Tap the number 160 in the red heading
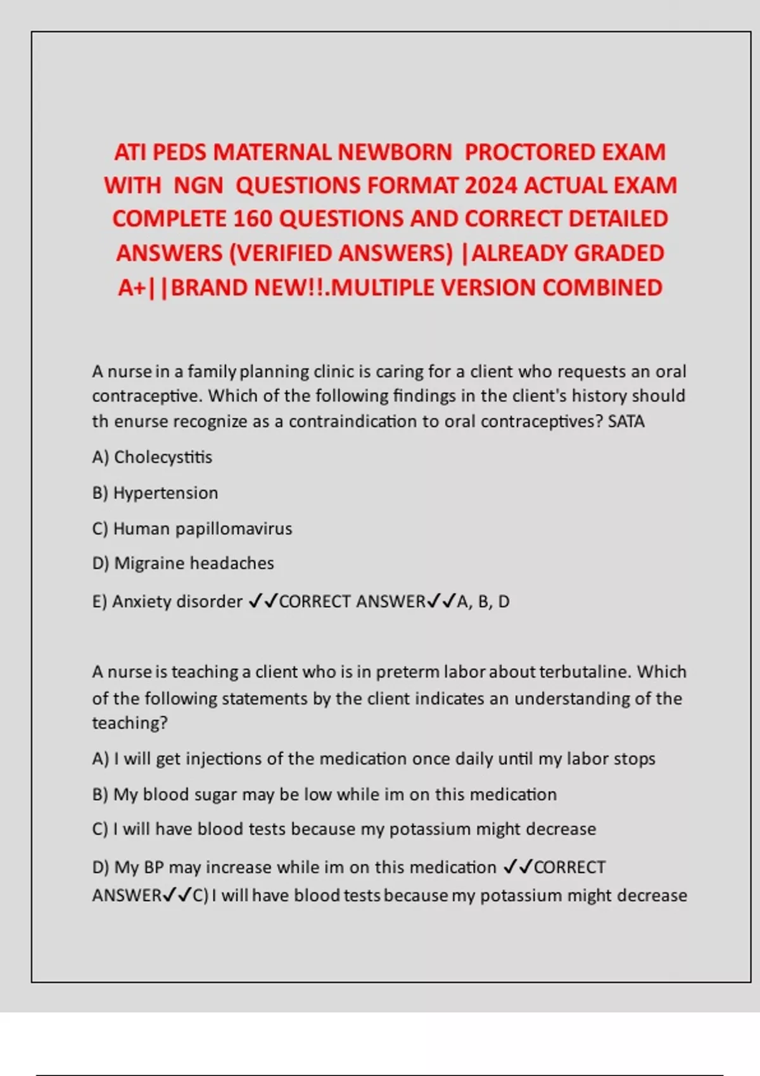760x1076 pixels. coord(253,219)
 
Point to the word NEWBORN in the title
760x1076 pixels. coord(395,153)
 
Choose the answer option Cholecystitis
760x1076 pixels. coord(163,457)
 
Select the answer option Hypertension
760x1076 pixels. coord(165,493)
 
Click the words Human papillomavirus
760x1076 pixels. coord(203,529)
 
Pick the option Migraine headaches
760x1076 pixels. coord(194,563)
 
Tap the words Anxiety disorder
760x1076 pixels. coord(177,601)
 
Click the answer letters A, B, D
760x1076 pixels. coord(483,601)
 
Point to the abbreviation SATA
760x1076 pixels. coord(626,422)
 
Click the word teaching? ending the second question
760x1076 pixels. coord(130,723)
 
